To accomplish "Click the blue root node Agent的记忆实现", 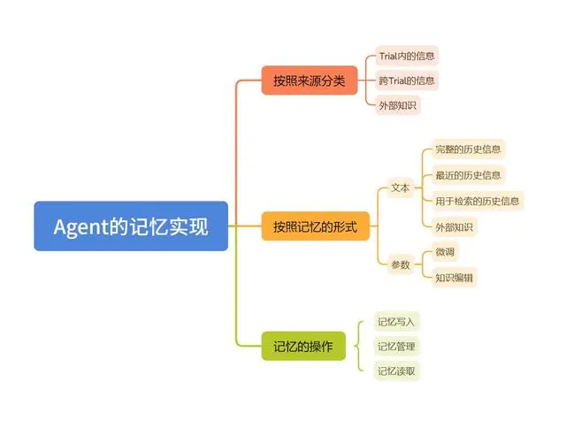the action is tap(131, 226).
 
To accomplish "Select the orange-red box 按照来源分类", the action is tap(308, 81).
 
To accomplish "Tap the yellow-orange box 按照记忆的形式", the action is tap(315, 226).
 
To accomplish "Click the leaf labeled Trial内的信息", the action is tap(407, 56).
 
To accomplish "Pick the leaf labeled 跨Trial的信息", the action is tap(407, 80).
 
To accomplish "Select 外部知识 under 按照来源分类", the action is tap(397, 106).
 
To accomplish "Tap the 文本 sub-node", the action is tap(400, 188).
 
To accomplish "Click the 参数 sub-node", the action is tap(400, 264).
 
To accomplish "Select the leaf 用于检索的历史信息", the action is tap(478, 201).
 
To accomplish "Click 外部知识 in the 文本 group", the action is tap(455, 226).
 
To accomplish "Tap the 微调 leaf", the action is tap(445, 252).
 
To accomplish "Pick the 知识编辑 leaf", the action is tap(455, 278).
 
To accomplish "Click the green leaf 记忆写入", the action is tap(395, 321).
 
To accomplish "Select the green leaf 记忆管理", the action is tap(395, 346).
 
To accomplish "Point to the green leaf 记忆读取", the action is tap(395, 371).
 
